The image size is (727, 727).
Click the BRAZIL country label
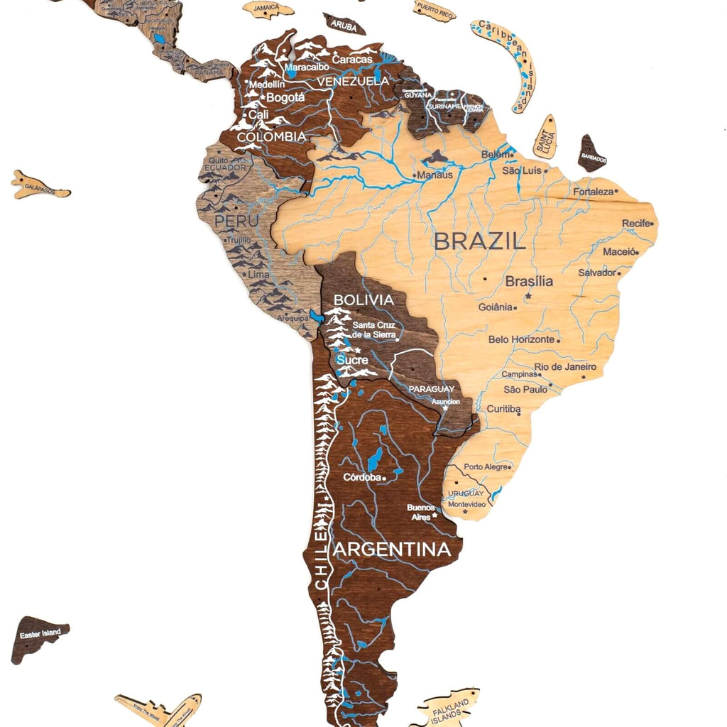coord(480,241)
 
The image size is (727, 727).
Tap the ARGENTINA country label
coord(392,550)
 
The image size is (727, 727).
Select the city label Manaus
coord(434,175)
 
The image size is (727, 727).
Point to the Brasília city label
coord(529,281)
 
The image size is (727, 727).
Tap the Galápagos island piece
coord(39,186)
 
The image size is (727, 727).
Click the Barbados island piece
coord(591,154)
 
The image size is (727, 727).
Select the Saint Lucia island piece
coord(545,137)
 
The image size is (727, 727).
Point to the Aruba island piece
coord(344,24)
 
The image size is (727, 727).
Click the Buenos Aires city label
coord(421,512)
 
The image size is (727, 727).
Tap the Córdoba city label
coord(362,478)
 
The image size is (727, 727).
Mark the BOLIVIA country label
coord(363,300)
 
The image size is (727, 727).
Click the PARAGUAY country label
coord(431,389)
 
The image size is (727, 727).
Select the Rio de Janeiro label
coord(565,367)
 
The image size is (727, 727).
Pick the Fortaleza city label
coord(593,192)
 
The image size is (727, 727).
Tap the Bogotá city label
coord(285,97)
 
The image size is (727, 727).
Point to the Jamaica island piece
coord(268,9)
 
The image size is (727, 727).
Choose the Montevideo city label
coord(466,504)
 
